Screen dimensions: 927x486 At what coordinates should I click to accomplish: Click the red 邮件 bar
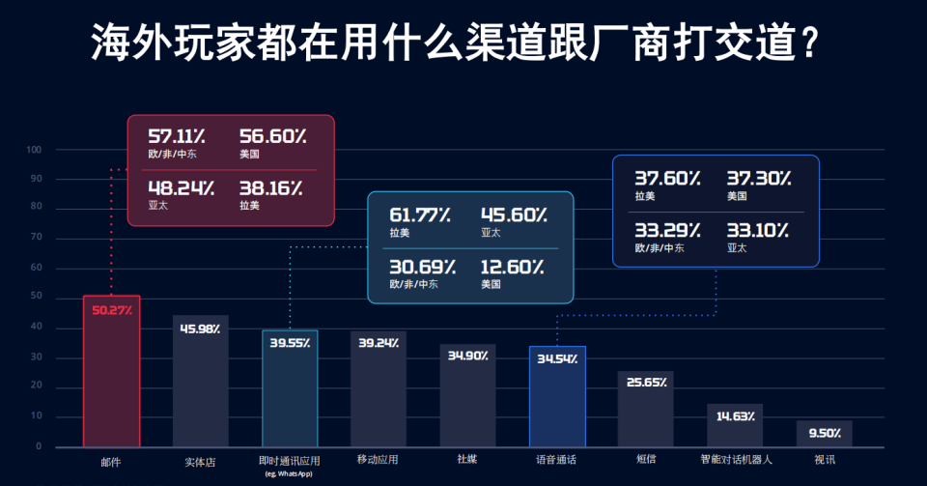(x=112, y=371)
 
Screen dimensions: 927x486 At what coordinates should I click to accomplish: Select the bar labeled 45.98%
(x=201, y=381)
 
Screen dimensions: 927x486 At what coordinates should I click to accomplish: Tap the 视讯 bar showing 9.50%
(x=824, y=434)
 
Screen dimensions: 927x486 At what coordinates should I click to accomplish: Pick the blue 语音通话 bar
(x=557, y=396)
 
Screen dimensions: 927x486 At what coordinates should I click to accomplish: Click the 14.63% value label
(x=736, y=416)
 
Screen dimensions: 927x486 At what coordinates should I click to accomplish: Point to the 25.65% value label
(x=646, y=383)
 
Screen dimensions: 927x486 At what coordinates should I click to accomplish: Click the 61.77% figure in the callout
(x=420, y=214)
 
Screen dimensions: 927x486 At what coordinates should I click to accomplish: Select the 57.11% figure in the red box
(x=177, y=136)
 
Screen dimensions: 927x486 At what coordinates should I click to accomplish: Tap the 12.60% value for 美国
(x=512, y=268)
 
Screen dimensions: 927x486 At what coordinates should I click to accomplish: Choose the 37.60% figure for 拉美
(x=667, y=178)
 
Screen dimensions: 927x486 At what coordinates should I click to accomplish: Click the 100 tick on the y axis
(x=34, y=150)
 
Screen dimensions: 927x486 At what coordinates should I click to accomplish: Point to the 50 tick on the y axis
(x=36, y=297)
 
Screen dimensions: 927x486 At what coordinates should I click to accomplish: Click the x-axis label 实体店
(x=201, y=462)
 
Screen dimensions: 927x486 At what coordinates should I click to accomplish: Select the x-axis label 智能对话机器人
(x=736, y=459)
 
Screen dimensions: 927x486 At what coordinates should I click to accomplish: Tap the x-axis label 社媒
(x=467, y=459)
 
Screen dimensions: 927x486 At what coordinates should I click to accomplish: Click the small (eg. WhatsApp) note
(x=289, y=473)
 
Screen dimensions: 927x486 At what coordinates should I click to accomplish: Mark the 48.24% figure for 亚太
(x=181, y=188)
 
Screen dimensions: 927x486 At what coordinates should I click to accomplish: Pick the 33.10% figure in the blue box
(x=758, y=230)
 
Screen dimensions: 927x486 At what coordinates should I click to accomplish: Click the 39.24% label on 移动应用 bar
(x=379, y=343)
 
